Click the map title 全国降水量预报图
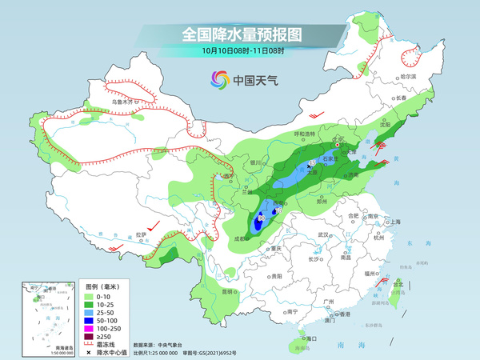(239, 34)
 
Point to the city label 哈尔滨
(407, 76)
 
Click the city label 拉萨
(141, 234)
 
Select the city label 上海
(393, 222)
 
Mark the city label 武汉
(324, 234)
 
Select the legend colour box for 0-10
(90, 298)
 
